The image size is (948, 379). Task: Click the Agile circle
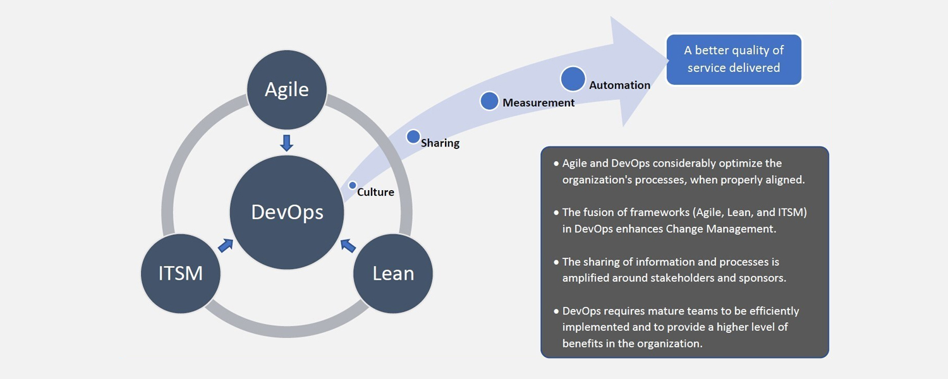click(x=286, y=90)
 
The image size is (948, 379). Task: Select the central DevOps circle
click(x=287, y=212)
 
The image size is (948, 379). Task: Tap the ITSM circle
click(x=181, y=274)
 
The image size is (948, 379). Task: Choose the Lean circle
click(x=392, y=274)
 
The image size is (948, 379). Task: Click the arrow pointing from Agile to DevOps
click(x=286, y=143)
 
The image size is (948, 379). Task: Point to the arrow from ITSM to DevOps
click(x=226, y=245)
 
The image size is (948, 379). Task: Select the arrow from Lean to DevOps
click(x=348, y=245)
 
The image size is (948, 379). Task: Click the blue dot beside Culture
click(x=353, y=185)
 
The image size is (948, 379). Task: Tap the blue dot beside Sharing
click(x=413, y=136)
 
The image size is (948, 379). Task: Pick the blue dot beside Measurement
click(x=489, y=101)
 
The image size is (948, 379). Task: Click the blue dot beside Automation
click(x=573, y=79)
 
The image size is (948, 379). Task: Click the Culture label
click(x=375, y=192)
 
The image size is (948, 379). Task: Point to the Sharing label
click(x=440, y=143)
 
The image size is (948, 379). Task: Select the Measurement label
click(x=538, y=103)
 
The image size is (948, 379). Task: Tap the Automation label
click(x=619, y=85)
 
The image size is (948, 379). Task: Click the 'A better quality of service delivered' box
click(x=734, y=59)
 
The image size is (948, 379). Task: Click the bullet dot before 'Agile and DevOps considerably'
click(x=556, y=164)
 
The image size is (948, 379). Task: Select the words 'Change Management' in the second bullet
click(x=721, y=229)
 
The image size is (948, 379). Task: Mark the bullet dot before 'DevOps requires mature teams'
click(x=556, y=311)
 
